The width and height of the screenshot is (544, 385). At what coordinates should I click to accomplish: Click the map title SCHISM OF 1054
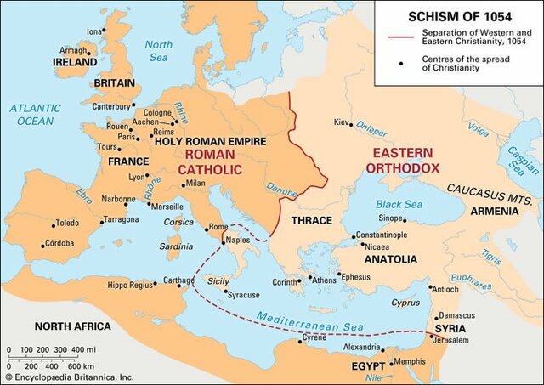[x=459, y=16]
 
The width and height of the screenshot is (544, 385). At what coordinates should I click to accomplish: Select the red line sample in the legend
[x=399, y=37]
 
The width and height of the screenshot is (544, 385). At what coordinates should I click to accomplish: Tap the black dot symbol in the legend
[x=399, y=63]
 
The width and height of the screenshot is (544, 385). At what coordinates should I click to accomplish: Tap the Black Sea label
[x=399, y=204]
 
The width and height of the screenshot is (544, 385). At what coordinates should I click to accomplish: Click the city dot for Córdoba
[x=42, y=246]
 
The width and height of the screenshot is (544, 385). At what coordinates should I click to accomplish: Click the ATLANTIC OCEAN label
[x=35, y=115]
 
